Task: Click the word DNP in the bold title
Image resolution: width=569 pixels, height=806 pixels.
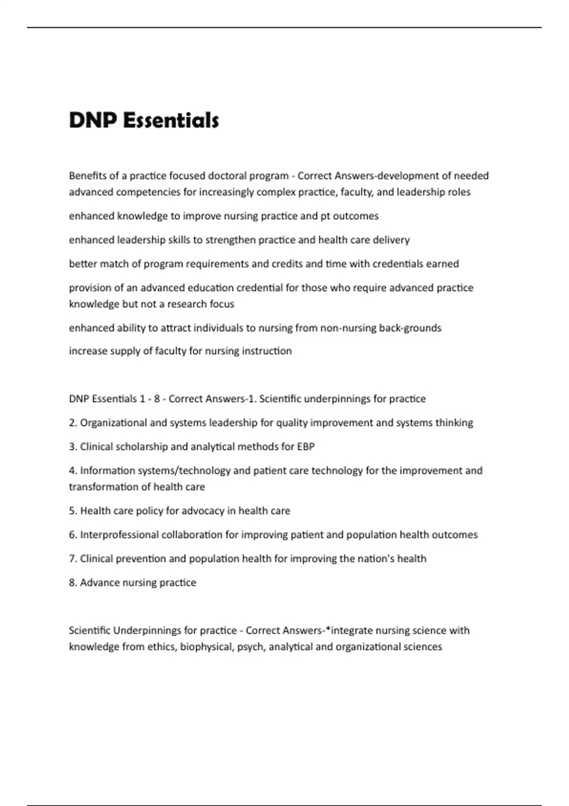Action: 93,120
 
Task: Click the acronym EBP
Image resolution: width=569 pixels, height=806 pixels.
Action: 306,447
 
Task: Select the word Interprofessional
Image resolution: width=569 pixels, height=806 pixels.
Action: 119,535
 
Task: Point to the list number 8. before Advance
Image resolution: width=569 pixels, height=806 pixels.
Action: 73,583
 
